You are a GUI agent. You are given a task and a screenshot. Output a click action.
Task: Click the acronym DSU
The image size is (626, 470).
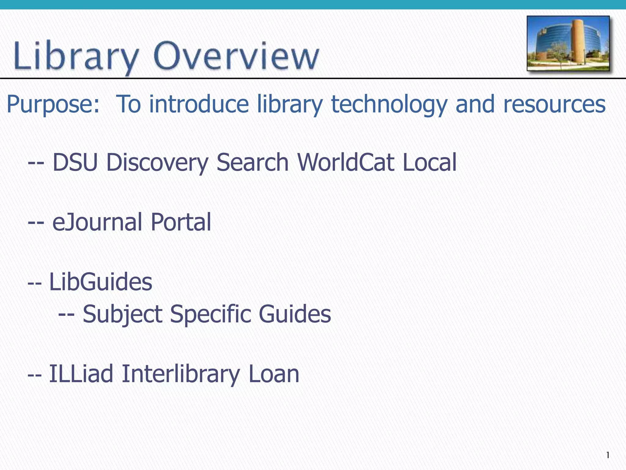75,162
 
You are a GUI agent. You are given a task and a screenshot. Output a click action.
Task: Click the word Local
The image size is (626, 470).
429,162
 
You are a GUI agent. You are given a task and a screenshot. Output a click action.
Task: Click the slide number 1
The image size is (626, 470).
608,455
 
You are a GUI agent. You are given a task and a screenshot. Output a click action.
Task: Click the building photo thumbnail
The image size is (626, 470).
568,43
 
